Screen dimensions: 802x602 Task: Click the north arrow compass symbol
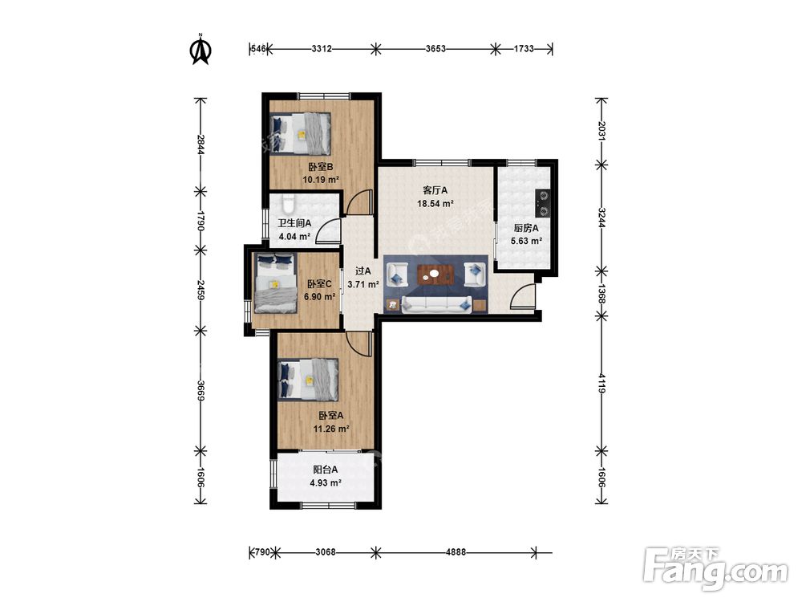click(201, 49)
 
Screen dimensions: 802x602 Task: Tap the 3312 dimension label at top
click(322, 49)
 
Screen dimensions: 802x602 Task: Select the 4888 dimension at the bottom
click(456, 552)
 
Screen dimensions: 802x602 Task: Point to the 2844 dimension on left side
click(200, 144)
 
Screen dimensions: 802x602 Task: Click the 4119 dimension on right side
click(601, 384)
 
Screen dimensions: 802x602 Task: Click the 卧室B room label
click(321, 167)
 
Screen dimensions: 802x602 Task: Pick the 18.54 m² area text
click(435, 203)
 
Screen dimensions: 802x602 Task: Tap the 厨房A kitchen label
click(526, 228)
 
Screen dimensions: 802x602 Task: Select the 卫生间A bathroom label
click(294, 223)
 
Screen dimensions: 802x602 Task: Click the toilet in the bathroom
click(289, 203)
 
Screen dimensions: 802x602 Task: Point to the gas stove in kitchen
click(542, 203)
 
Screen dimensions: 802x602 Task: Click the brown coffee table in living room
click(435, 274)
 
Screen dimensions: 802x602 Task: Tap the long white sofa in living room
click(436, 303)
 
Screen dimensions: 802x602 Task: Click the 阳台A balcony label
click(326, 470)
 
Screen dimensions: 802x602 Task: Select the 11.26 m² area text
click(331, 429)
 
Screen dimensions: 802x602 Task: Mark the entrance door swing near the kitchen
click(522, 296)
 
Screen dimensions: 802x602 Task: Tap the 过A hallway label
click(363, 271)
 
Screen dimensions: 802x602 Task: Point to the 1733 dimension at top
click(524, 49)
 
